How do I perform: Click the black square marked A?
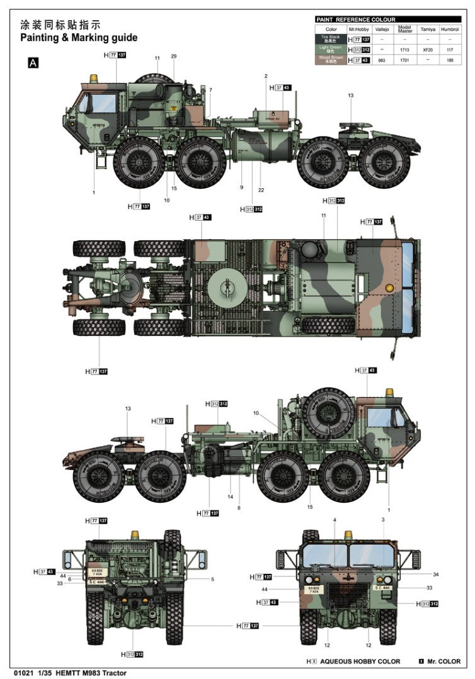pyautogui.click(x=33, y=62)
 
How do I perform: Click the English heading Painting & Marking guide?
pyautogui.click(x=79, y=38)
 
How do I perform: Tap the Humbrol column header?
pyautogui.click(x=449, y=29)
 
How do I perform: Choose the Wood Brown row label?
pyautogui.click(x=331, y=60)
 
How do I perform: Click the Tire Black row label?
pyautogui.click(x=331, y=39)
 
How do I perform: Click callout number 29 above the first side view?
pyautogui.click(x=173, y=57)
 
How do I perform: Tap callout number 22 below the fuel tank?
pyautogui.click(x=260, y=191)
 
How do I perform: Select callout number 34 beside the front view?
pyautogui.click(x=435, y=574)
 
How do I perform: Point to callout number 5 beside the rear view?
pyautogui.click(x=212, y=579)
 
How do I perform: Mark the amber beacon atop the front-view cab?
pyautogui.click(x=348, y=535)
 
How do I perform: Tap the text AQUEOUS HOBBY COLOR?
pyautogui.click(x=360, y=662)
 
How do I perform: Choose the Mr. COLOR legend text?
pyautogui.click(x=444, y=662)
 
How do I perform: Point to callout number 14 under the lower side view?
pyautogui.click(x=230, y=497)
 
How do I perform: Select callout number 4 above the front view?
pyautogui.click(x=335, y=520)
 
